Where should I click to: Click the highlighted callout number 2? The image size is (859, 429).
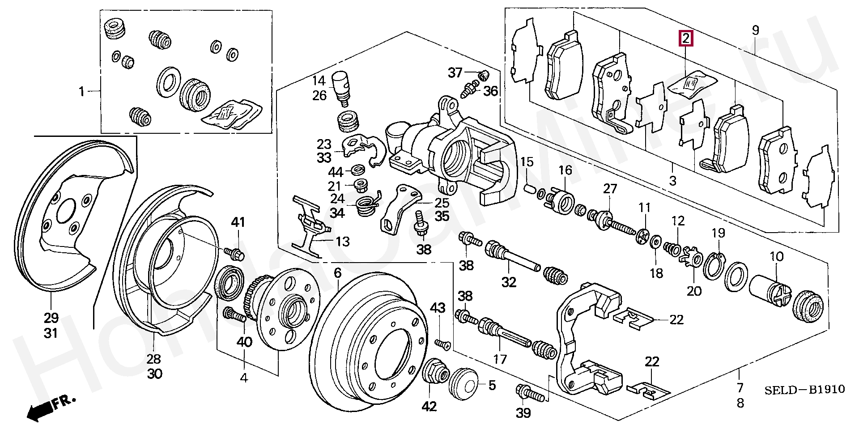tap(686, 38)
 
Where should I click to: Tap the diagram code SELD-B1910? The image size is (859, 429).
tap(804, 390)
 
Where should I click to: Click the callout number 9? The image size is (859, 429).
tap(755, 30)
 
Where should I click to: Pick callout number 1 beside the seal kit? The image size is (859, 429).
tap(81, 92)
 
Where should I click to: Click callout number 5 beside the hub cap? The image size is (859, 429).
tap(492, 385)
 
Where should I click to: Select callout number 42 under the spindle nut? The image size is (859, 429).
tap(431, 406)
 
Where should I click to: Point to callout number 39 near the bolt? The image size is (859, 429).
tap(523, 413)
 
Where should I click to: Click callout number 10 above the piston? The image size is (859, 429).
tap(777, 257)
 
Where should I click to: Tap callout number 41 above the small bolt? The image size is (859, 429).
tap(238, 222)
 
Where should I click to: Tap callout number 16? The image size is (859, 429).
tap(565, 170)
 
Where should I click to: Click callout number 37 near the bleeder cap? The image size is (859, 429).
tap(455, 72)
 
